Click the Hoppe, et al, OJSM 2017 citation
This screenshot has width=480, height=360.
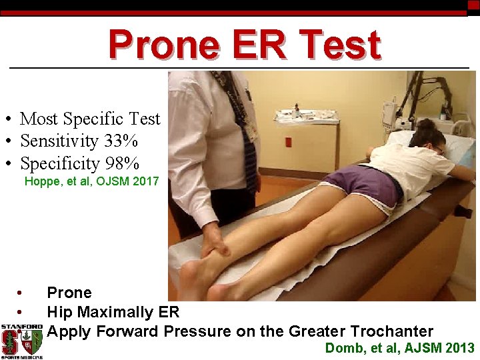coord(91,181)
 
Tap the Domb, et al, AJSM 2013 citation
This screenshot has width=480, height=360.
coord(399,348)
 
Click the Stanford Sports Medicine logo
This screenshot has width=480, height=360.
coord(21,341)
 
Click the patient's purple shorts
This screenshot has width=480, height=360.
coord(365,185)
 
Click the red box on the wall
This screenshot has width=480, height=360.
coord(289,142)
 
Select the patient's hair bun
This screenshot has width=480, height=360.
coord(425,124)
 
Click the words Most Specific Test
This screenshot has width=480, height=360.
coord(90,119)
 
